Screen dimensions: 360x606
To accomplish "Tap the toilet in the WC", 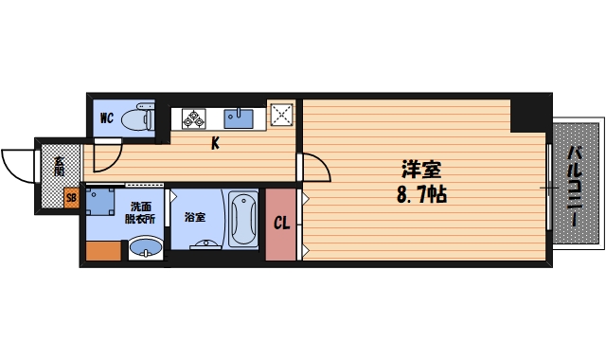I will [x=141, y=118].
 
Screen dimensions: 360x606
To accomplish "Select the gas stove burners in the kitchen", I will [x=195, y=118].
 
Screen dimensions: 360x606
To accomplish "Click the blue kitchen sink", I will [x=238, y=118].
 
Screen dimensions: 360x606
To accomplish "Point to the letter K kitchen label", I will [x=216, y=144].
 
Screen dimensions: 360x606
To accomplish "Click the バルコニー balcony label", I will [x=574, y=186].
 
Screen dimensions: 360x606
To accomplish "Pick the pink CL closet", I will [x=281, y=225].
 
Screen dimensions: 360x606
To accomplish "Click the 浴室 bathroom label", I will [x=194, y=217].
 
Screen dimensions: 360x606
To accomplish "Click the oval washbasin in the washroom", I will [x=144, y=249].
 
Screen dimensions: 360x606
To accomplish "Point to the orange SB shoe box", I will [x=70, y=199].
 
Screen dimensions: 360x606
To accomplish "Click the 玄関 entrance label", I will [x=59, y=166].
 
